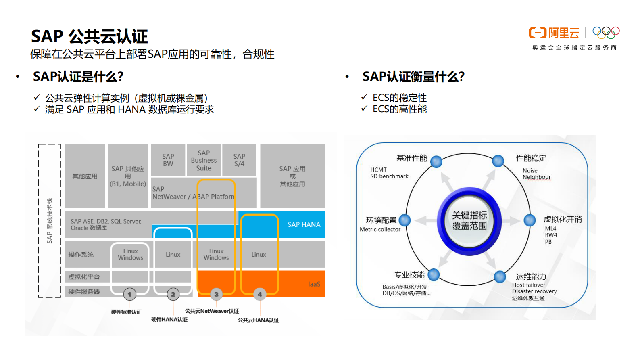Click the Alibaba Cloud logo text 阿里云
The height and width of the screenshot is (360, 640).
tap(563, 33)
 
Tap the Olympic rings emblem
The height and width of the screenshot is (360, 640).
tap(606, 32)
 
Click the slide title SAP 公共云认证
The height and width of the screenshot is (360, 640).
tap(90, 36)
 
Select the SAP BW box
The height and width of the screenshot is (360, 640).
tap(168, 160)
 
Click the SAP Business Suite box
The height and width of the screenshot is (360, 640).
tap(204, 160)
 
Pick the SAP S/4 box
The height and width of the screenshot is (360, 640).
tap(239, 160)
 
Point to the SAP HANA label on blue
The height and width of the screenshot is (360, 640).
tap(304, 224)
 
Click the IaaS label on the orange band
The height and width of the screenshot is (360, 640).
tap(314, 284)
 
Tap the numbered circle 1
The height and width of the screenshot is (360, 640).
tap(129, 294)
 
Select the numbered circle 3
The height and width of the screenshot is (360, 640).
tap(216, 294)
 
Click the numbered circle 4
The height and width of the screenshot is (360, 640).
tap(260, 294)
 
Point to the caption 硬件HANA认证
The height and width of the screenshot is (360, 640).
tap(169, 319)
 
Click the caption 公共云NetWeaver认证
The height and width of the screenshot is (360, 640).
tap(212, 311)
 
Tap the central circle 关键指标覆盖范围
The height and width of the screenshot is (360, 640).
tap(469, 221)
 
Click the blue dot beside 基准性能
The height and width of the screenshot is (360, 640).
tap(436, 161)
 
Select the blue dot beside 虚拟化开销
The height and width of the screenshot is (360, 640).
tap(530, 220)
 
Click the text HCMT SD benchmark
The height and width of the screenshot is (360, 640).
tap(389, 173)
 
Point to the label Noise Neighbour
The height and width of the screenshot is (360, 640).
tap(536, 174)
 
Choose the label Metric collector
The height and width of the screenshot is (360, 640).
tap(380, 229)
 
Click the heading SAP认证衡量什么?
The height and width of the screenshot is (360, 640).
tap(413, 76)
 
